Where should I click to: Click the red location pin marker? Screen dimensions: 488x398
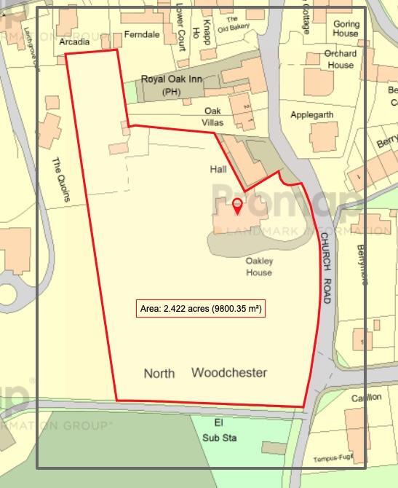237,206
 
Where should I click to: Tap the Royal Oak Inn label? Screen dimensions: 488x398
172,79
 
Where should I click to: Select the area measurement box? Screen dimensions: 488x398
201,309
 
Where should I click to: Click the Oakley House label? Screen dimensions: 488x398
258,267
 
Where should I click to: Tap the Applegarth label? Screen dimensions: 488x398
312,115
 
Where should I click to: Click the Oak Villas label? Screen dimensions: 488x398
212,117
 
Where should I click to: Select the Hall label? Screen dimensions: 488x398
218,169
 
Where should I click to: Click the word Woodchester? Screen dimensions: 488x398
229,373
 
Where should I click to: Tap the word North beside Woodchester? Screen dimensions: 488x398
159,374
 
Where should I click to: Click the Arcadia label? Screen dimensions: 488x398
74,42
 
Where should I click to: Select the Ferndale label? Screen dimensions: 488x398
142,34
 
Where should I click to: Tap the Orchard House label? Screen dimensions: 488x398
341,59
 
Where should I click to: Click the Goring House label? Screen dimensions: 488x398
346,28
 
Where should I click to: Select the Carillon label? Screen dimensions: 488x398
366,398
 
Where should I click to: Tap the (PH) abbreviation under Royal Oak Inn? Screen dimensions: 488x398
172,92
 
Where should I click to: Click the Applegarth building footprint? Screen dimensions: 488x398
323,137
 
